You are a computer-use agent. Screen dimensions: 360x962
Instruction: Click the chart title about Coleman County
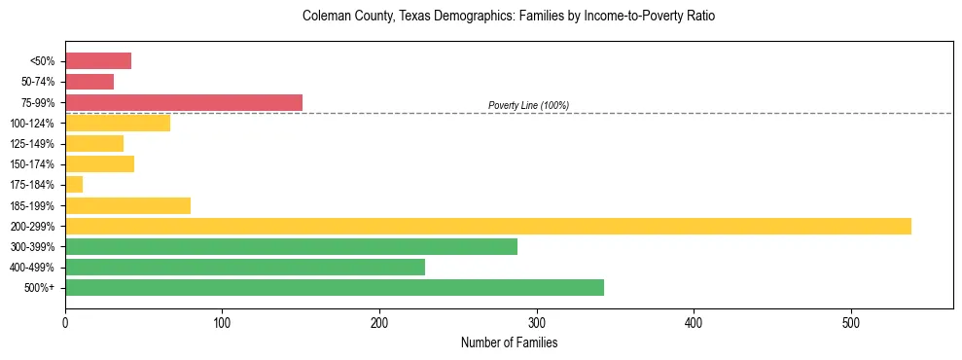click(x=509, y=17)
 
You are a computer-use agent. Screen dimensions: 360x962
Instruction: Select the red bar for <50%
click(x=98, y=61)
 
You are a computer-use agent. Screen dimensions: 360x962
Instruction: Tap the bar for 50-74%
click(x=89, y=82)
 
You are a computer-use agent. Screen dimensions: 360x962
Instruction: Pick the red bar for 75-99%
click(x=184, y=102)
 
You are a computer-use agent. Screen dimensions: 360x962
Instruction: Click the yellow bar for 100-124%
click(x=118, y=123)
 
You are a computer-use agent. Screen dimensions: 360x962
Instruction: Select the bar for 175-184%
click(x=74, y=184)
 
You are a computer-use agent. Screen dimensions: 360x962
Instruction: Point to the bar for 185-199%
click(x=127, y=205)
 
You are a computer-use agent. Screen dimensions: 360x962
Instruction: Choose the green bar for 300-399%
click(x=291, y=246)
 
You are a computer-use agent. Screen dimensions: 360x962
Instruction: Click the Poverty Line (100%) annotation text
click(x=528, y=105)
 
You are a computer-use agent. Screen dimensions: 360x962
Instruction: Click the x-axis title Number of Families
click(x=509, y=342)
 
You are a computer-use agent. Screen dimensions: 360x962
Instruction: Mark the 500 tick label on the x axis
click(x=851, y=322)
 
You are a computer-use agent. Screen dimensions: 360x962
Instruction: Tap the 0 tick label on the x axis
click(x=65, y=322)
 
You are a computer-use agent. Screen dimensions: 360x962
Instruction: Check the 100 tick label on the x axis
click(x=222, y=322)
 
